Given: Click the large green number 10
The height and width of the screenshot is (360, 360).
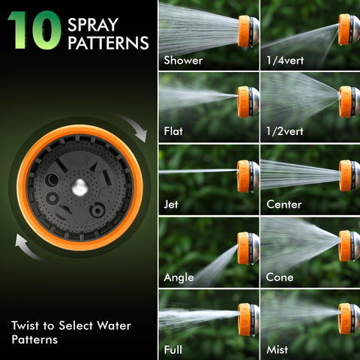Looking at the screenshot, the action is point(34,30).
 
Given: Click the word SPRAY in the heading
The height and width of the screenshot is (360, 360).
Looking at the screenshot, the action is point(93,25).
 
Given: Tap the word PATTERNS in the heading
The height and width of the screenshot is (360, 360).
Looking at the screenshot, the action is point(108,43).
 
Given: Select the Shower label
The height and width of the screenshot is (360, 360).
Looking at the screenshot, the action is point(183,61).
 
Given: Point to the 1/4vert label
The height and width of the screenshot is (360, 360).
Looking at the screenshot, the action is point(285,61).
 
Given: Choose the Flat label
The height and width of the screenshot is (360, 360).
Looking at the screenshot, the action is point(173,131).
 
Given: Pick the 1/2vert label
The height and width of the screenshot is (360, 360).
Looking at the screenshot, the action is point(285,131).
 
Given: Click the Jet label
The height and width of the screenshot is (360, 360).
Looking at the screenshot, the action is point(171,204).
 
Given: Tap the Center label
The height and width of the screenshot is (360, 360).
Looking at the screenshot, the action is point(284,204).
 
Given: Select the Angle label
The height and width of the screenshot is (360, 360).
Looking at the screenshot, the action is point(178,277).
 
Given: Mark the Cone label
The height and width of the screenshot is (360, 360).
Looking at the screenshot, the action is point(280,277).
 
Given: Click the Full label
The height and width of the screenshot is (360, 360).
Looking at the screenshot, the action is point(172,349).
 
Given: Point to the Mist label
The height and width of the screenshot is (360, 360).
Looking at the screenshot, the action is point(277,349).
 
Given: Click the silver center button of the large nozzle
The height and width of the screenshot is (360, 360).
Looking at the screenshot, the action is point(79,187).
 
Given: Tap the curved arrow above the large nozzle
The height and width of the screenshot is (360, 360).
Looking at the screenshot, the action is point(133,127).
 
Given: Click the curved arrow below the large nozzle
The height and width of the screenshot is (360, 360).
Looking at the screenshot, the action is point(28,248).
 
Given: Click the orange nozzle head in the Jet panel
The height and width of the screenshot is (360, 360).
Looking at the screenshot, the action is point(243,176).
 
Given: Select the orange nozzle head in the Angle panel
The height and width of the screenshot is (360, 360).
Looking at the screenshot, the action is point(243,248).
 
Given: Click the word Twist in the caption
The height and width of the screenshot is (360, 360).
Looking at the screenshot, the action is point(25,325).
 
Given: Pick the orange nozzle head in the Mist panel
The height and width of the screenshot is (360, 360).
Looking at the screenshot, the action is point(344,319).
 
